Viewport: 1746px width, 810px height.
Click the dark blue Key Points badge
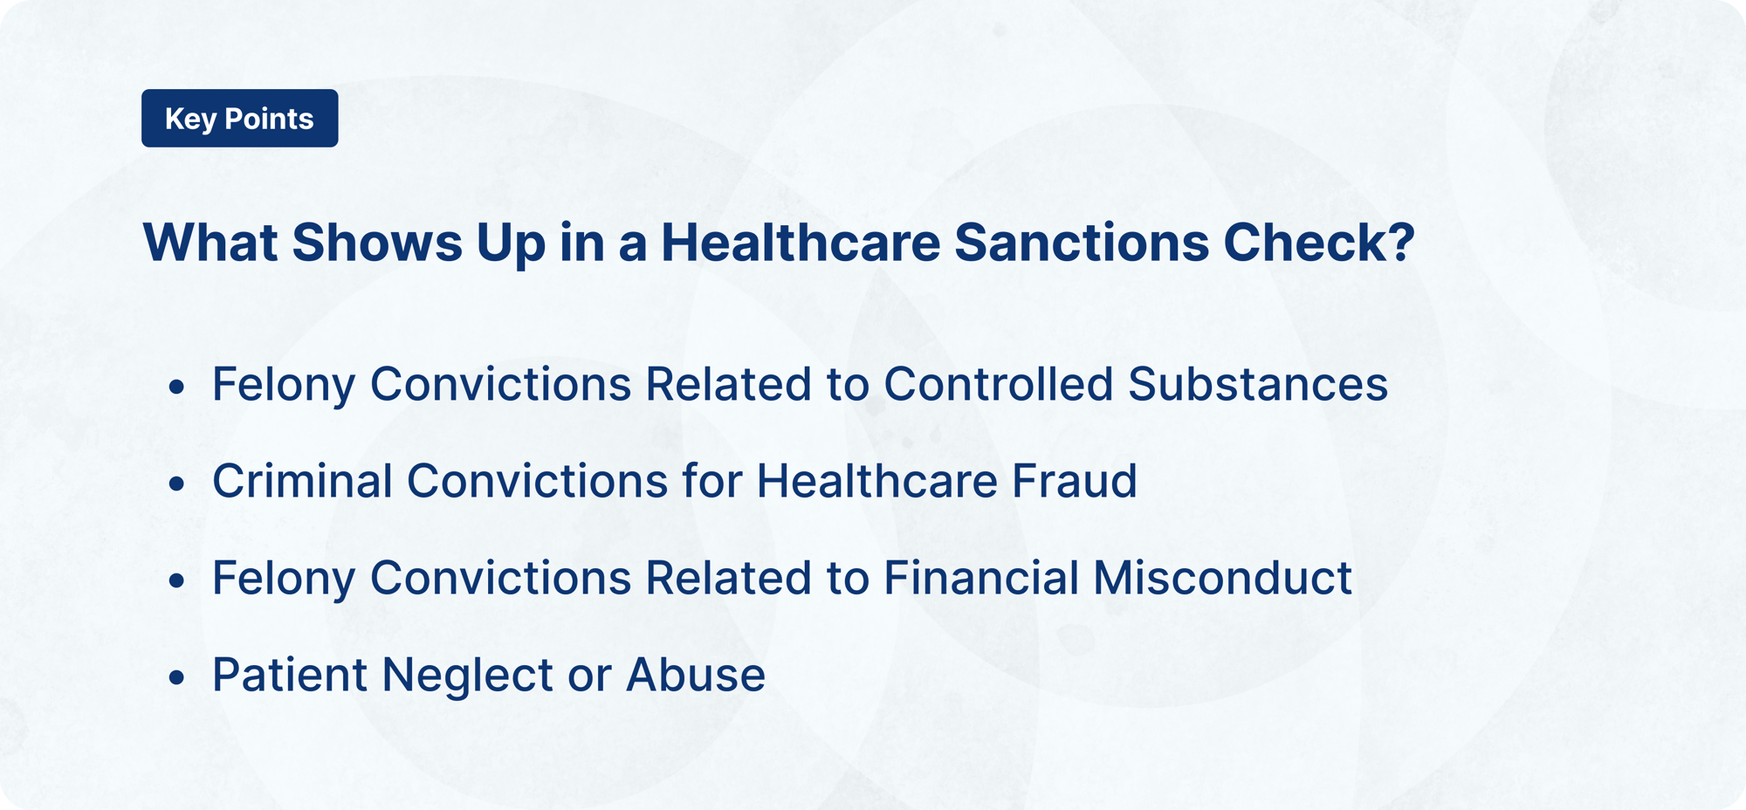click(x=239, y=119)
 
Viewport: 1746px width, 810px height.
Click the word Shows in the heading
click(x=377, y=243)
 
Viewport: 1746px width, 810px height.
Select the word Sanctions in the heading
click(x=1082, y=243)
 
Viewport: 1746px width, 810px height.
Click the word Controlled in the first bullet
click(x=998, y=384)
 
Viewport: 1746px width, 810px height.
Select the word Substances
click(x=1257, y=384)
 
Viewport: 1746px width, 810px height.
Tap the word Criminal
click(x=302, y=481)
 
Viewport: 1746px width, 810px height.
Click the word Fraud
click(x=1074, y=481)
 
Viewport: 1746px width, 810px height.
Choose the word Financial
click(x=981, y=578)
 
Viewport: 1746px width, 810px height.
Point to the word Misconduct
click(x=1222, y=578)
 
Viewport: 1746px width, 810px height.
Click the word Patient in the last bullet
click(x=290, y=675)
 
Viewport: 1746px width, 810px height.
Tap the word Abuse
click(x=696, y=675)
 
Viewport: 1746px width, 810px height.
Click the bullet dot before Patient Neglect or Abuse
click(x=177, y=677)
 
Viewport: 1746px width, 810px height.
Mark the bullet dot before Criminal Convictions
click(x=177, y=484)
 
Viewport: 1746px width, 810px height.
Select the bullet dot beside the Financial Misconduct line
click(x=177, y=580)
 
